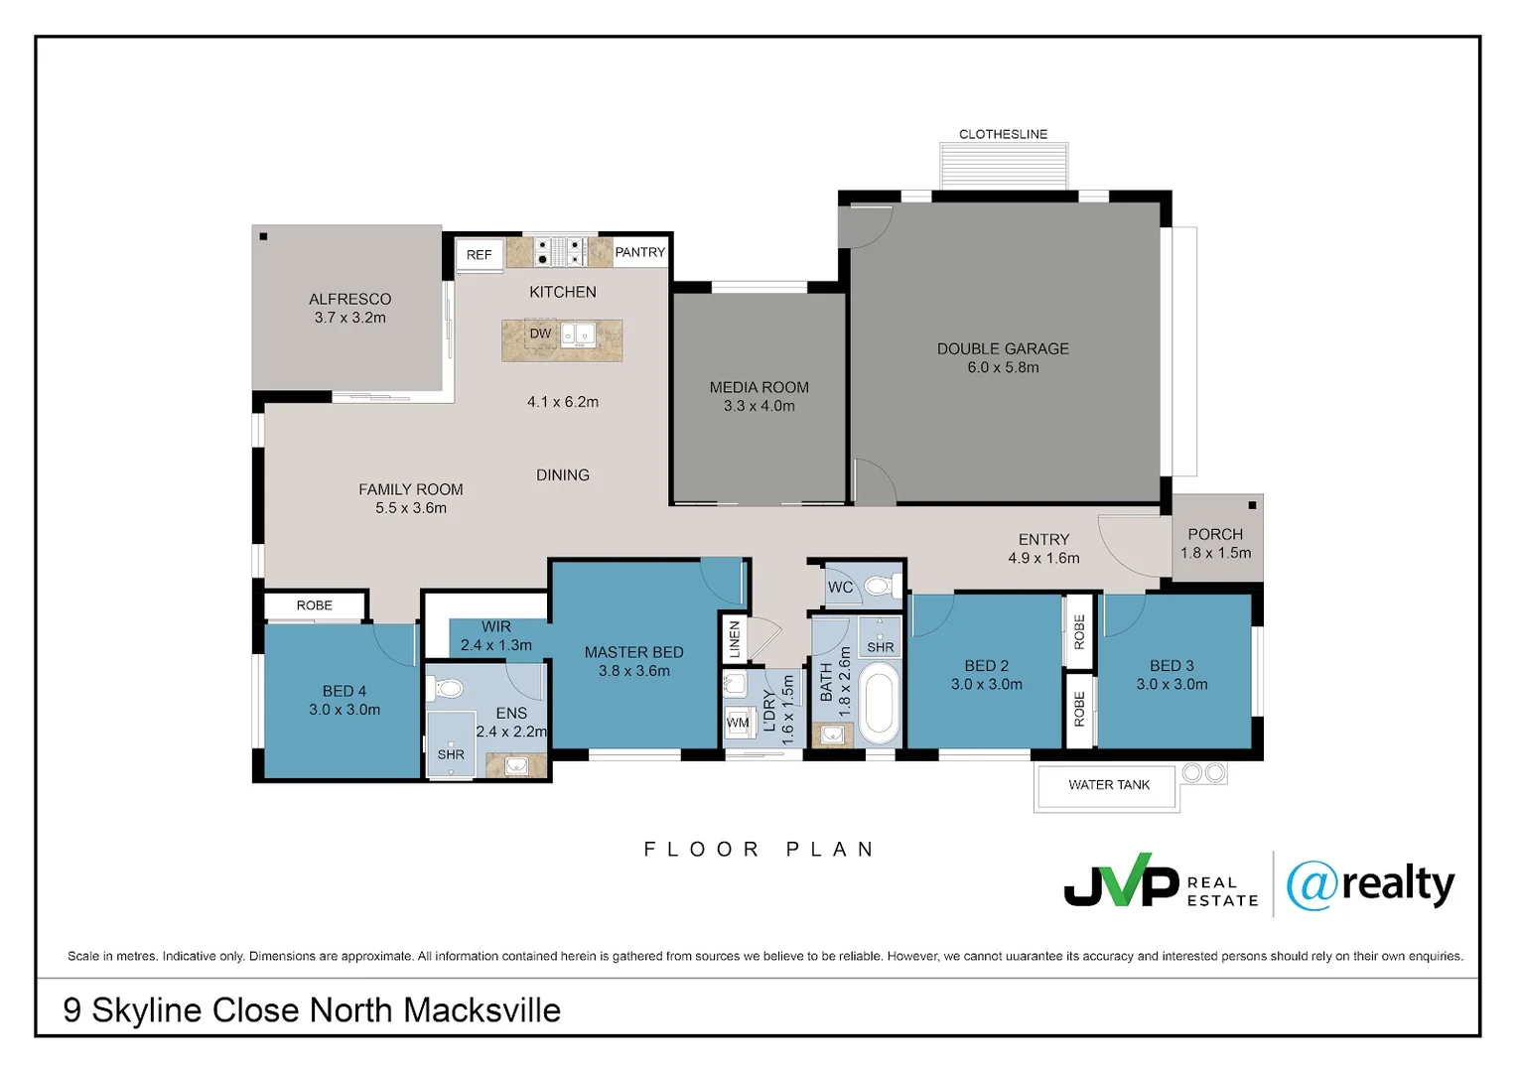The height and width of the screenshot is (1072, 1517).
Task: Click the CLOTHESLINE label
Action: coord(1003,134)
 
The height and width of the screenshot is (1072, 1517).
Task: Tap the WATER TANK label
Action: coord(1109,784)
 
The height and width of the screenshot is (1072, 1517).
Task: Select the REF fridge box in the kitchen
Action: coord(479,255)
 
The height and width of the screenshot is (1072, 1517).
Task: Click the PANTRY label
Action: coord(640,252)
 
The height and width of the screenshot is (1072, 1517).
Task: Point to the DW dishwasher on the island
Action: coord(540,334)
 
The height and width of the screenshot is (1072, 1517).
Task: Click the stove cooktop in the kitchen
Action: coord(559,251)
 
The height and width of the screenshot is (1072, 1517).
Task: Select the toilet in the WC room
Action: coord(883,585)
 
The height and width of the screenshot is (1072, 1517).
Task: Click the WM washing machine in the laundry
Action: coord(738,723)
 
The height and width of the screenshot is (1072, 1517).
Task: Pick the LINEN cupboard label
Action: coord(735,639)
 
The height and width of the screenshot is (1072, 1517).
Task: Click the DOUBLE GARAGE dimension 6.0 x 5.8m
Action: coord(1003,367)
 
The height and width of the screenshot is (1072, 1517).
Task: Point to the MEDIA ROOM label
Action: coord(759,387)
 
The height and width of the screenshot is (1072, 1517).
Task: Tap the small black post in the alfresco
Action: coord(263,236)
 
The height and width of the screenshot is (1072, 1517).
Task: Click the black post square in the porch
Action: coord(1252,505)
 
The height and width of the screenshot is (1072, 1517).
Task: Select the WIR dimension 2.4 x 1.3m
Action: coord(496,645)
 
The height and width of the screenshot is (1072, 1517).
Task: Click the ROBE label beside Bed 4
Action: coord(315,605)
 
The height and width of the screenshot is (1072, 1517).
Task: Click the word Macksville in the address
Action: coord(483,1010)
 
